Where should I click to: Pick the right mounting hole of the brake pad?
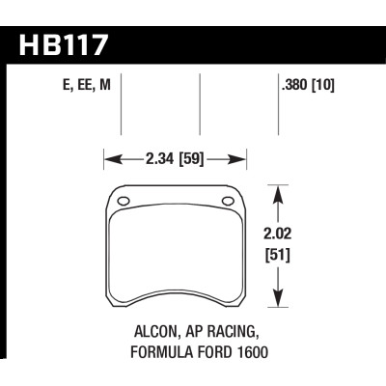tap(229, 201)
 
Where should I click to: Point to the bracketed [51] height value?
tap(279, 256)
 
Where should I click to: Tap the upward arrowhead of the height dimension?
tap(279, 193)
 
